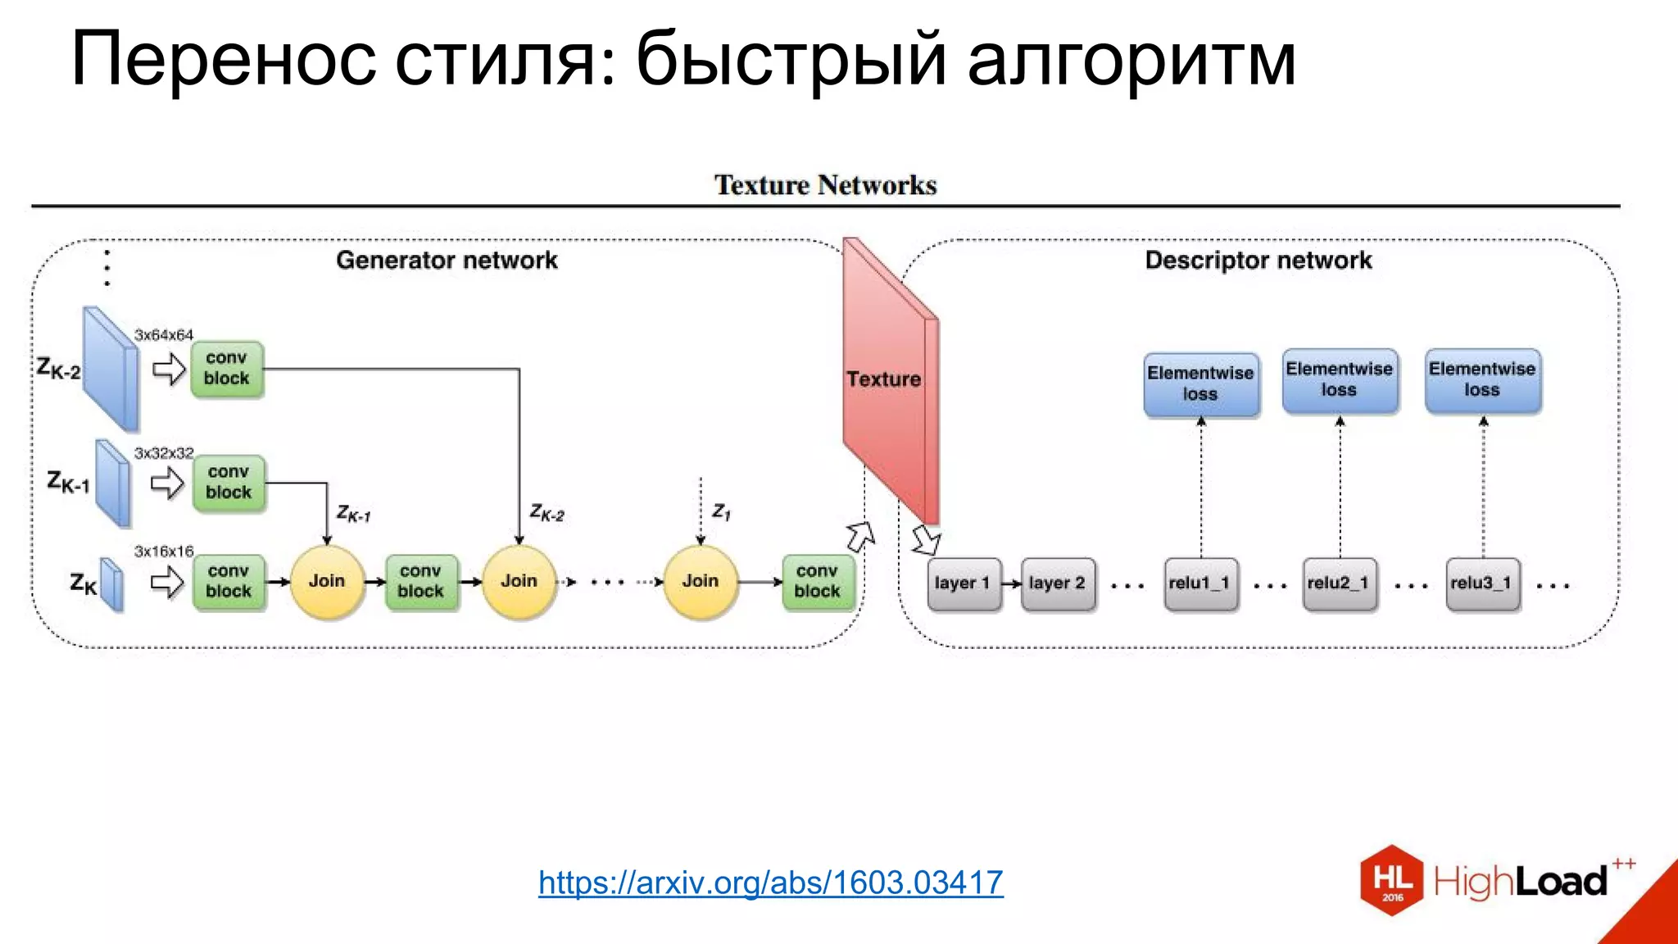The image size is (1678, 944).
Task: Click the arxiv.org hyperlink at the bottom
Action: pos(770,883)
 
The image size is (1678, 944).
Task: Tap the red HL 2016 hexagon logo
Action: pos(1392,880)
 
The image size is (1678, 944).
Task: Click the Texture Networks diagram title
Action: pos(825,185)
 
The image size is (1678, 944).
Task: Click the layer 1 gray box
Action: pos(964,583)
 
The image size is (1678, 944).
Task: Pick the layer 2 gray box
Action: pos(1058,583)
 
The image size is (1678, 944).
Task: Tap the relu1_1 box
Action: pos(1200,583)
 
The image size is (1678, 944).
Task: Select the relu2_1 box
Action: pos(1340,583)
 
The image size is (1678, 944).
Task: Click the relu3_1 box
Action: pos(1482,583)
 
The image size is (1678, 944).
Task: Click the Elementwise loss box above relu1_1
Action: pos(1200,383)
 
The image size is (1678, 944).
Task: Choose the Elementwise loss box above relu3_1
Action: pos(1482,379)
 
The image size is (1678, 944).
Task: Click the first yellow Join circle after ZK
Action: pos(327,581)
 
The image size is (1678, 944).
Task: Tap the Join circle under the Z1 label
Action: pos(701,581)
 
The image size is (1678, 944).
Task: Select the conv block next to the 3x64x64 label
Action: pos(227,369)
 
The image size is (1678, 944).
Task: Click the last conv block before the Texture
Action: pos(817,581)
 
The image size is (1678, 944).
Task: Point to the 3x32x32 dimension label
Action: pos(164,453)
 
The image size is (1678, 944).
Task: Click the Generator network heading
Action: pos(447,261)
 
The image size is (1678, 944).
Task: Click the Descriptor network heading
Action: pos(1258,261)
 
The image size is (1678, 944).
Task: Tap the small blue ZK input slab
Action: pos(111,584)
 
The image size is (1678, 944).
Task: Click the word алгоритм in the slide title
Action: pos(1131,59)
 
